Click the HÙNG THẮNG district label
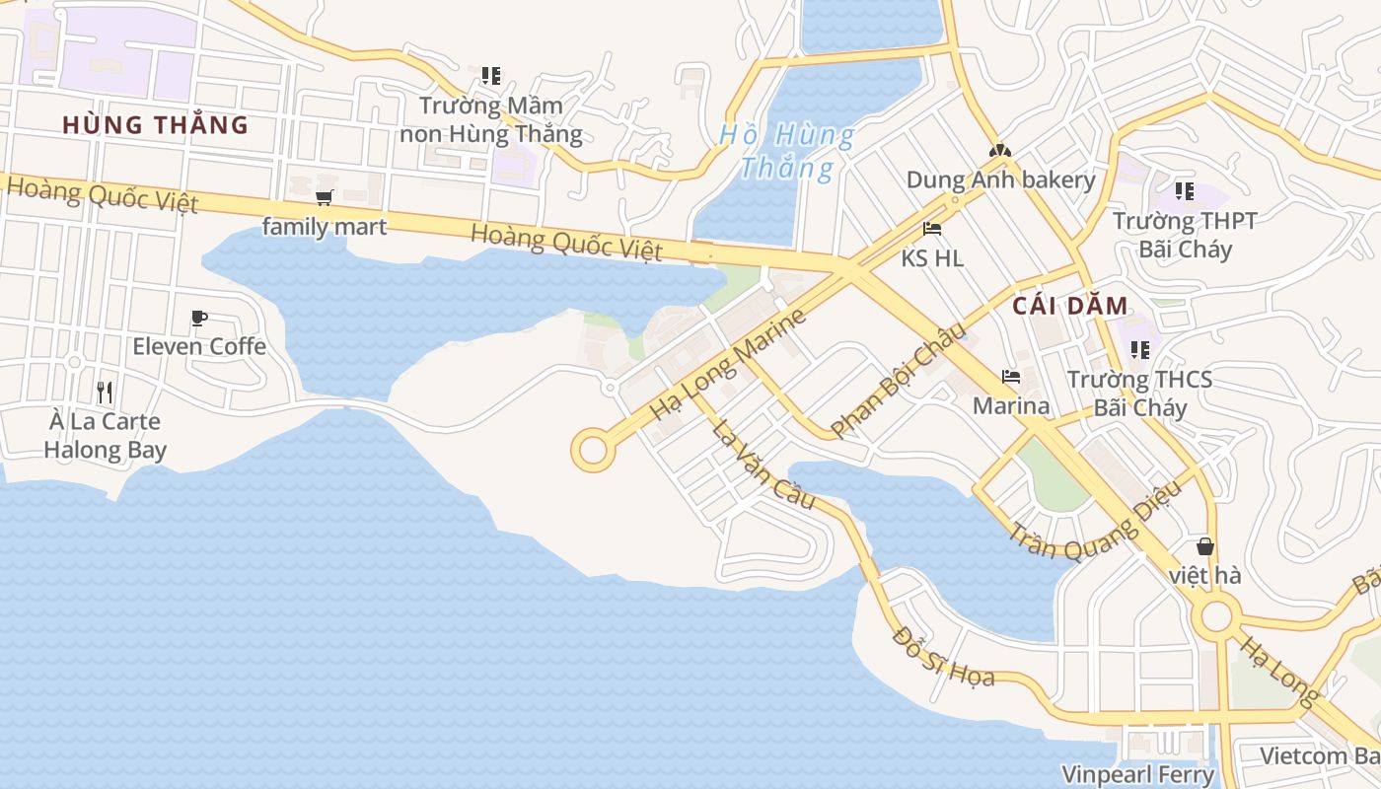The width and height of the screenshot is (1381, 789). pyautogui.click(x=155, y=125)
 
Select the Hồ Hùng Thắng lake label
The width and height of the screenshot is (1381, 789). pyautogui.click(x=787, y=151)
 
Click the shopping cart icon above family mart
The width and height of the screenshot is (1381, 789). pyautogui.click(x=325, y=197)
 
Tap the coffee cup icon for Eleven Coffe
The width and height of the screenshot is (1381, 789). pyautogui.click(x=199, y=318)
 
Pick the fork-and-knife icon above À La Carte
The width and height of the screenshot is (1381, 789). pyautogui.click(x=106, y=392)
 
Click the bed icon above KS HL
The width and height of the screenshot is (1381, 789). pyautogui.click(x=932, y=229)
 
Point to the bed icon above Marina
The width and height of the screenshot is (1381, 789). pyautogui.click(x=1011, y=377)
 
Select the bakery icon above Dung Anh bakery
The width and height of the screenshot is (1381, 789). pyautogui.click(x=1000, y=151)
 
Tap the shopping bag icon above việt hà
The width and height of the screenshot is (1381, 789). pyautogui.click(x=1204, y=545)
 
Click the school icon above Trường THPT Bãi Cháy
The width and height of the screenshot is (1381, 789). pyautogui.click(x=1185, y=190)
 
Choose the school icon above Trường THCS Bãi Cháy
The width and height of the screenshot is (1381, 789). pyautogui.click(x=1140, y=349)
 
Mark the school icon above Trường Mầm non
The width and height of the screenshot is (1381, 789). pyautogui.click(x=491, y=75)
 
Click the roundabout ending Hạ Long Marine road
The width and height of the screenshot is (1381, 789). pyautogui.click(x=592, y=451)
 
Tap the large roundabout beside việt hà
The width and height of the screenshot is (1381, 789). pyautogui.click(x=1216, y=617)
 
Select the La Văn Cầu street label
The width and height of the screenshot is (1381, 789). pyautogui.click(x=764, y=465)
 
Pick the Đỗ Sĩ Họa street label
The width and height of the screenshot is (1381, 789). pyautogui.click(x=943, y=655)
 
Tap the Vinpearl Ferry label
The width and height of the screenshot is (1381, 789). pyautogui.click(x=1137, y=774)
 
